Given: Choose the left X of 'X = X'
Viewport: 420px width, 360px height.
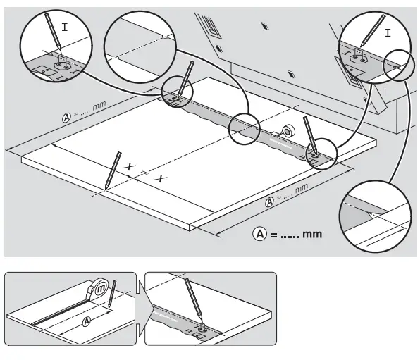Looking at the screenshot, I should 128,167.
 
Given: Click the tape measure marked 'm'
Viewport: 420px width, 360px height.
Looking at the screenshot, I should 100,289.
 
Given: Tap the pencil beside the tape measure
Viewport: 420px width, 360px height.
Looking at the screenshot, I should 113,294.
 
